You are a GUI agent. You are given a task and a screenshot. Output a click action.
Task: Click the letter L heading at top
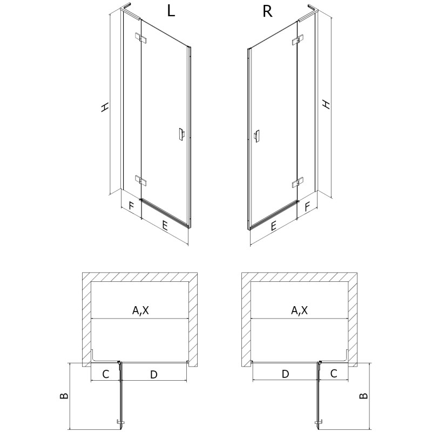pos(171,12)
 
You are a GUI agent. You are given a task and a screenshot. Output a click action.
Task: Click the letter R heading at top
pos(266,12)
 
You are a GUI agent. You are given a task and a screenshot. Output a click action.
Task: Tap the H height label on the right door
pos(326,103)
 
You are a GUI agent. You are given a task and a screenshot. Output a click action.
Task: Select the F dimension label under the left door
pos(130,205)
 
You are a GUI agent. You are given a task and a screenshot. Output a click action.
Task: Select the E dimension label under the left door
pos(164,226)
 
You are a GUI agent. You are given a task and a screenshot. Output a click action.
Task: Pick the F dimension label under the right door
pos(307,205)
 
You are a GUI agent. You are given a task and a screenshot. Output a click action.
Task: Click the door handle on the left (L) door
pos(180,134)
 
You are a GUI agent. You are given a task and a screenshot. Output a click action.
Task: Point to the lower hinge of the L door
pos(140,180)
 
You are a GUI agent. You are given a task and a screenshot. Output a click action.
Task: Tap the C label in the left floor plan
pos(106,374)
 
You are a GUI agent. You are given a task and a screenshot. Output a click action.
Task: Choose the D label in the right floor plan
pos(286,374)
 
